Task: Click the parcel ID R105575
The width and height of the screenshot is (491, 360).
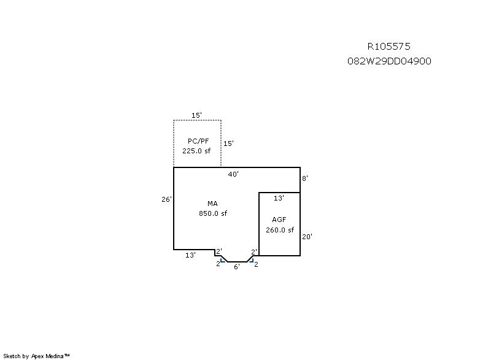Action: pos(389,47)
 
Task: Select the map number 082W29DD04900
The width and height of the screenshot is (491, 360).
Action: pos(389,61)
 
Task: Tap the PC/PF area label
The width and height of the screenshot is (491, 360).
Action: pos(198,141)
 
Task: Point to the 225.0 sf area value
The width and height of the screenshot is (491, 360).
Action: pos(196,151)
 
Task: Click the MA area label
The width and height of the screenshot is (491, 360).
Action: pos(212,204)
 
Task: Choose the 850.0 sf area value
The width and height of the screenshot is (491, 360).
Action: pos(213,213)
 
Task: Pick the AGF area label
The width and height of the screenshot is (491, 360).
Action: pos(279,220)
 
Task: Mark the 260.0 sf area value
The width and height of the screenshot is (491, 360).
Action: pos(280,230)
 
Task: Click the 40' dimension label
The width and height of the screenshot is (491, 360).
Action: pos(233,174)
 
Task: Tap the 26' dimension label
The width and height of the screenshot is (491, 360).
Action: pos(166,199)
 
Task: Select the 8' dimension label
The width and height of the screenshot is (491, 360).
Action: pos(305,178)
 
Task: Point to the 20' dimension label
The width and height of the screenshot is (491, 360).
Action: pos(307,237)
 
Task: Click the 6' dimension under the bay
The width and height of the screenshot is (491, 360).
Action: pos(237,267)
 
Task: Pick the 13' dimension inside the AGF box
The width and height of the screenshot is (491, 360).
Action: pos(279,198)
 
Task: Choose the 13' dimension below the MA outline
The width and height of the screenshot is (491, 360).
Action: pos(190,255)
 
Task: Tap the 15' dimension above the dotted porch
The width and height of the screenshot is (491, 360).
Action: pos(196,115)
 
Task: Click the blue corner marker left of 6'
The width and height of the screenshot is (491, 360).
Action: pos(223,260)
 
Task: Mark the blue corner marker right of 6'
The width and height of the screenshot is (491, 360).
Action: pos(251,260)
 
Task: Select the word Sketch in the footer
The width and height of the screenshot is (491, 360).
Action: pos(12,356)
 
